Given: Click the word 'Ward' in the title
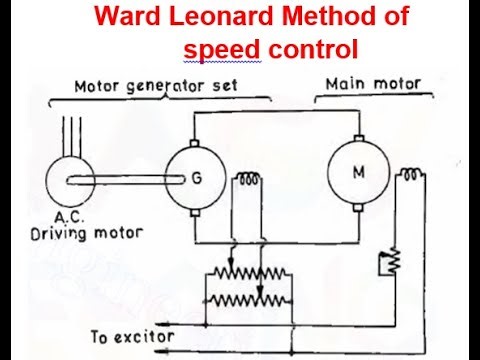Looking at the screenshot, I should [124, 18].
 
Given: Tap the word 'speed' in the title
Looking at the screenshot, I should [215, 48].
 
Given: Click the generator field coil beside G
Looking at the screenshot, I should [247, 180].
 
